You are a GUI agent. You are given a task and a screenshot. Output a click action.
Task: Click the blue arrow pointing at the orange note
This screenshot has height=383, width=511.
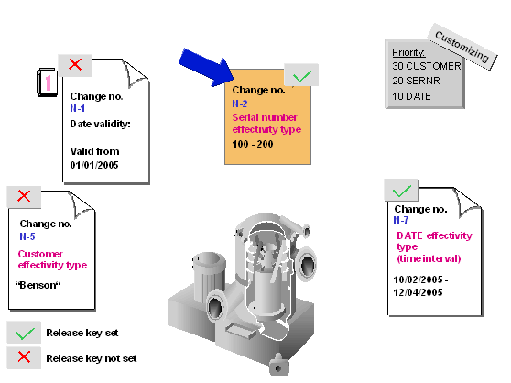(x=205, y=68)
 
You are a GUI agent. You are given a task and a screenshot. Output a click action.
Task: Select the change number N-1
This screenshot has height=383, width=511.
(x=78, y=108)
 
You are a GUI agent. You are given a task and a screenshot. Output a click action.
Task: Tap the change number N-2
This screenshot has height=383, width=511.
(x=240, y=104)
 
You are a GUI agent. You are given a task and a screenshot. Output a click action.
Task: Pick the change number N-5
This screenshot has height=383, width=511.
(x=27, y=236)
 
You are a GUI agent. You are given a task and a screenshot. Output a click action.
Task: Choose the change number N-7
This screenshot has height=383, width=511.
(x=401, y=220)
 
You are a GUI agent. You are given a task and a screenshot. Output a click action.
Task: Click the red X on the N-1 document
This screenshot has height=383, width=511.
(x=75, y=64)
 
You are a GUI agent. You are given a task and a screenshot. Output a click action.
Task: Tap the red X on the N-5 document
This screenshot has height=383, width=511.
(x=24, y=196)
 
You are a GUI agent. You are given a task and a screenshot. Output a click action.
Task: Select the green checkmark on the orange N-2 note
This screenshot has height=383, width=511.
(x=302, y=76)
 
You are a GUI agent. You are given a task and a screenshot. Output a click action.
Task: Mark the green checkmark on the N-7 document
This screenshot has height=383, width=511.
(x=401, y=191)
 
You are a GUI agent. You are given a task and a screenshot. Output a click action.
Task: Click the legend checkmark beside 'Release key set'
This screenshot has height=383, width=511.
(x=25, y=334)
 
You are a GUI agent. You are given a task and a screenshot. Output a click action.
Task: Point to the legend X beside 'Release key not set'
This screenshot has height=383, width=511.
(x=24, y=357)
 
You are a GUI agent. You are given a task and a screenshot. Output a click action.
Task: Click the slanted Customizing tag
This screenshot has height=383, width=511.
(x=462, y=47)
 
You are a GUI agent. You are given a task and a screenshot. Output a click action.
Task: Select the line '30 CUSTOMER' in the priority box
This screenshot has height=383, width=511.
(x=427, y=66)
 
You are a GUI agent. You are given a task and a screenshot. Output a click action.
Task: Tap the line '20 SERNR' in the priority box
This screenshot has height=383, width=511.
(x=416, y=81)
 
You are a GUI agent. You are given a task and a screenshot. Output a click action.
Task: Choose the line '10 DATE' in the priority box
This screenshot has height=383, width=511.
(x=411, y=96)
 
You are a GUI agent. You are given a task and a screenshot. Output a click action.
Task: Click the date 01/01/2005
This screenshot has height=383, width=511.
(x=94, y=165)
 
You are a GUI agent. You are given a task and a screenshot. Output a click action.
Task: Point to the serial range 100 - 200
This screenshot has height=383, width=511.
(x=253, y=144)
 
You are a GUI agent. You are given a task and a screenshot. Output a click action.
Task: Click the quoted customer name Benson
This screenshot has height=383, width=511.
(x=38, y=285)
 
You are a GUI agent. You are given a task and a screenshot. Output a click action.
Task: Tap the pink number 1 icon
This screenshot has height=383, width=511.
(x=48, y=82)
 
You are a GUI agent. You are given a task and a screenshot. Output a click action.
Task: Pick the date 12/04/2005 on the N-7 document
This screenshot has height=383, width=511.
(x=418, y=292)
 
